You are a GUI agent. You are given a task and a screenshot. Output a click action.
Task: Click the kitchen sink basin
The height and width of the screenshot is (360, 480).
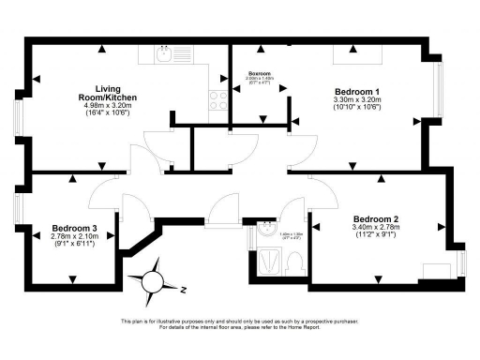click(163, 55)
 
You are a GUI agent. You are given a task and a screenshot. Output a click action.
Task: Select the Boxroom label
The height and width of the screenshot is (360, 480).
click(259, 71)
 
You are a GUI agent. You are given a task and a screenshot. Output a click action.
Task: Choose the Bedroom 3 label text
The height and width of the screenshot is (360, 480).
click(75, 229)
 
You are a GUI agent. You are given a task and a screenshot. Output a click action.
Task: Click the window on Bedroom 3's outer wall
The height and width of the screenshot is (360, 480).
click(18, 209)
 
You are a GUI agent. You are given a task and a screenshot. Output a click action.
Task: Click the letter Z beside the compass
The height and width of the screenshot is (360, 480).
click(185, 290)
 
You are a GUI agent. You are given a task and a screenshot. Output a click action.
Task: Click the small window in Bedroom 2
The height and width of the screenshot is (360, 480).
click(462, 261)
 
